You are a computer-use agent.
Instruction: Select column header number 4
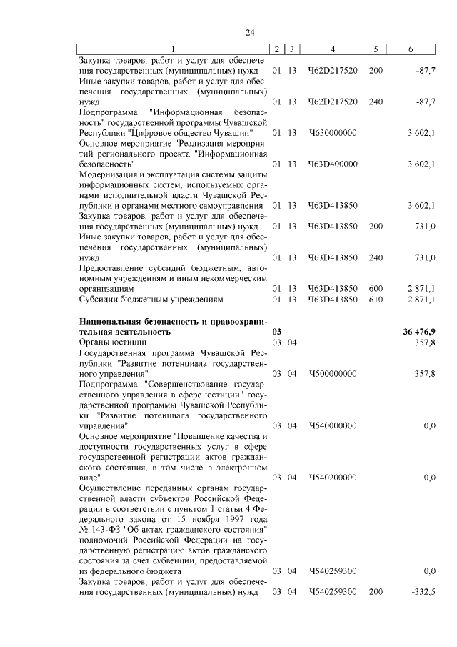[333, 48]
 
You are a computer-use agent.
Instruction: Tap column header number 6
[410, 48]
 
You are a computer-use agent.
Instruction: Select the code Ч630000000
[333, 133]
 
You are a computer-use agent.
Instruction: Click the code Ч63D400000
[333, 164]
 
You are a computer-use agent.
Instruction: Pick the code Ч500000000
[333, 373]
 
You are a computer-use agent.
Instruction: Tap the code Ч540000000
[333, 425]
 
